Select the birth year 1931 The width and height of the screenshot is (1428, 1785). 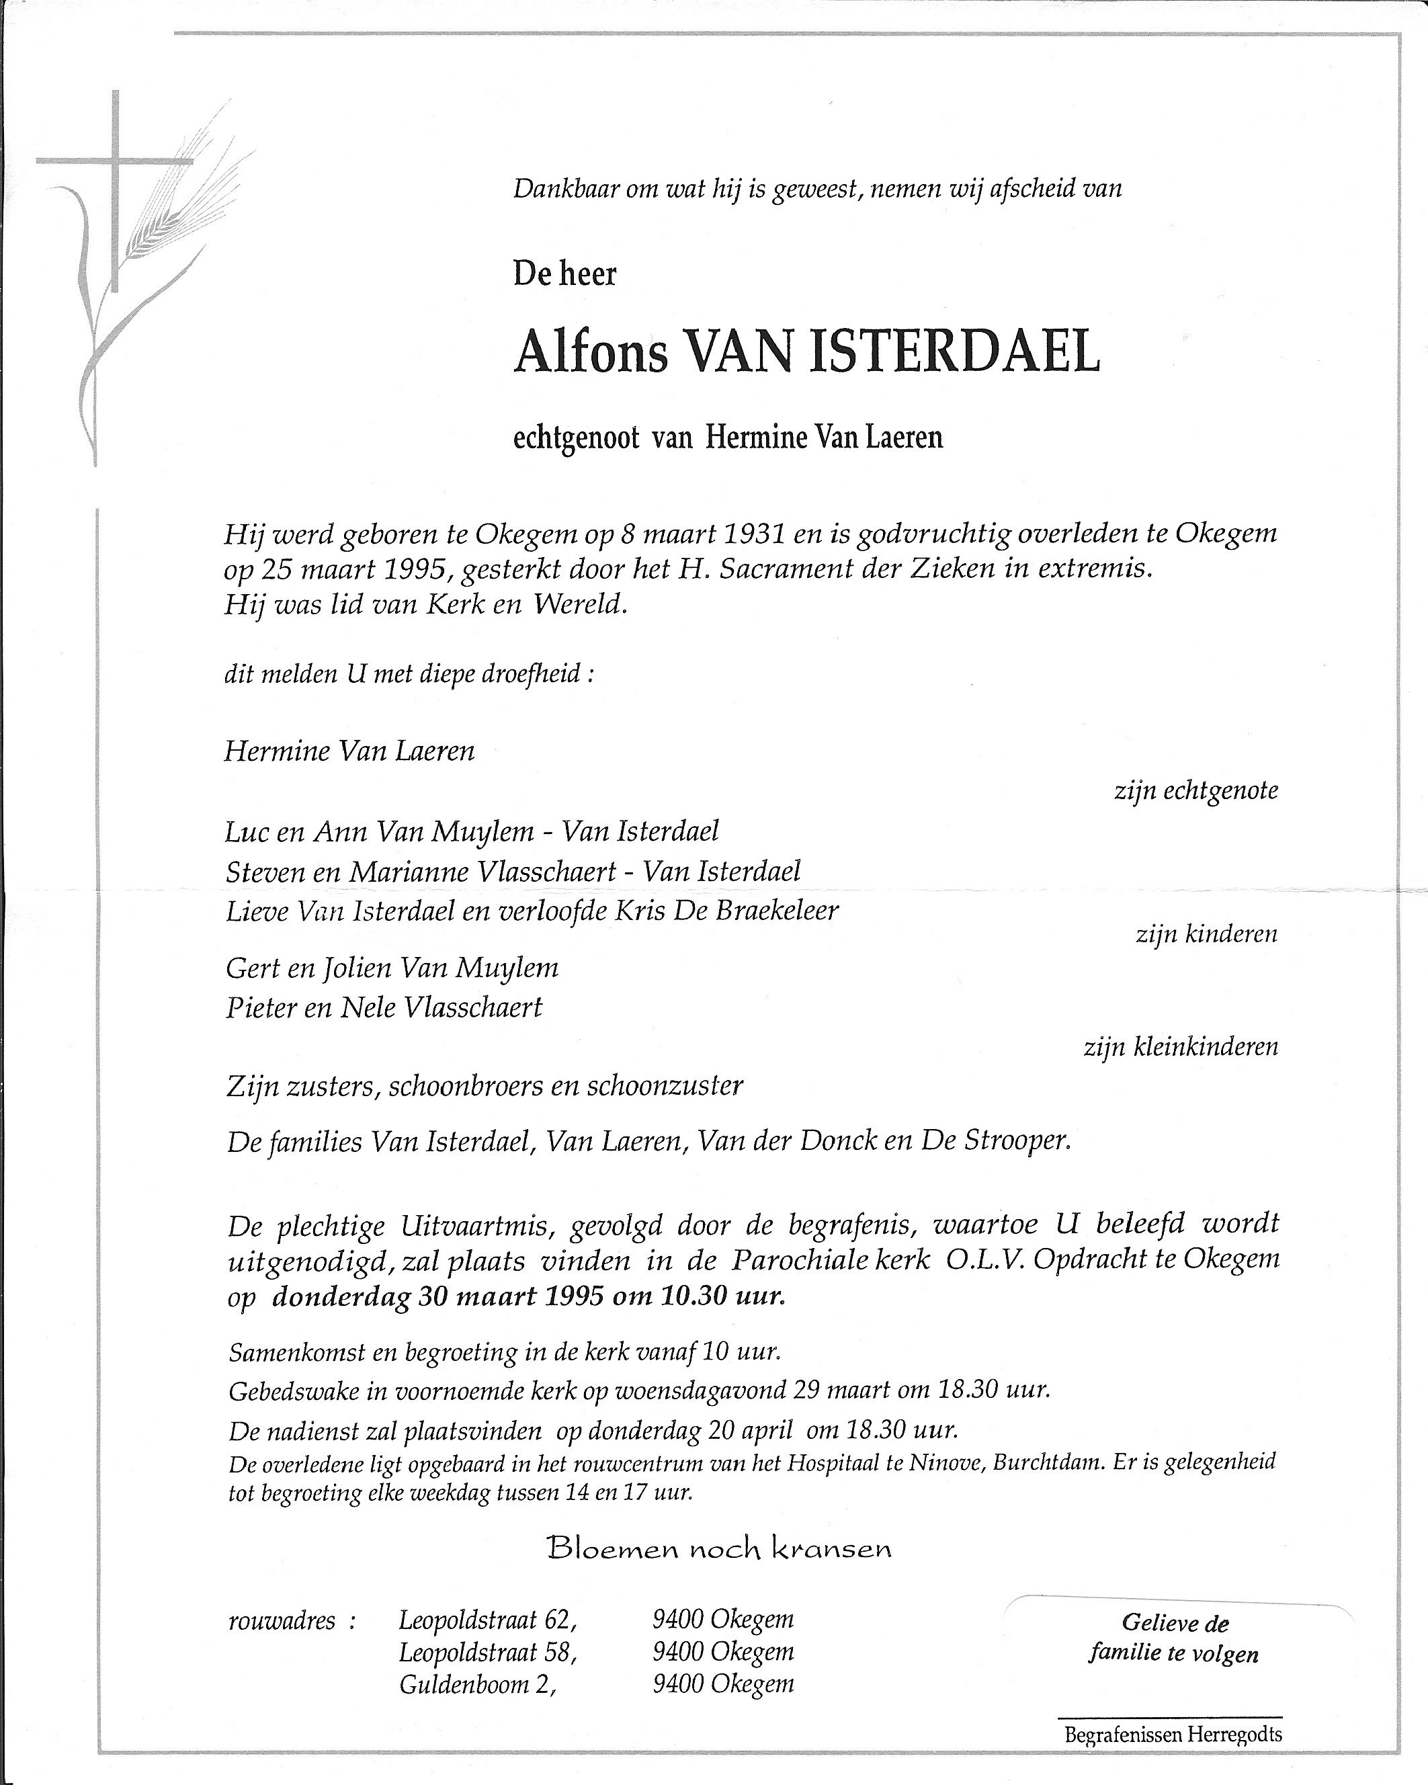point(753,535)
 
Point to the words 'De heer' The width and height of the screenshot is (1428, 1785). point(564,274)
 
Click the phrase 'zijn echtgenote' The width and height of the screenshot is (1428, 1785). point(1195,790)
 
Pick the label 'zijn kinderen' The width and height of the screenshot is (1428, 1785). point(1206,935)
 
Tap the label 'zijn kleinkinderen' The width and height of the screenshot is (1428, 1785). point(1181,1047)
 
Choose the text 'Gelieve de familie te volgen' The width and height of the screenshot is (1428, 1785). point(1174,1638)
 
